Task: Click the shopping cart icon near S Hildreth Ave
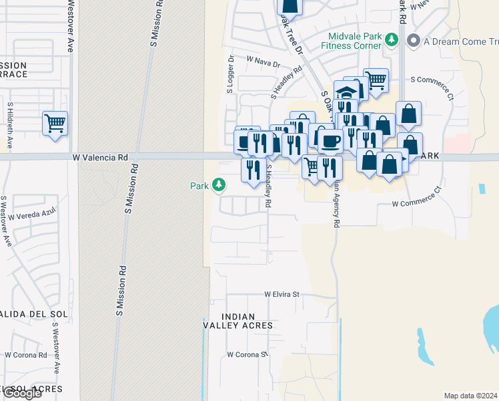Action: click(55, 123)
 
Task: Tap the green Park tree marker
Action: click(218, 185)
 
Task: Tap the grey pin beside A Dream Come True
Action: click(413, 41)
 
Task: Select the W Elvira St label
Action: click(283, 293)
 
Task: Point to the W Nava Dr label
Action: click(263, 62)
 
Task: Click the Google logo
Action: click(22, 394)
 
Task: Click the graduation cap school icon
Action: click(346, 92)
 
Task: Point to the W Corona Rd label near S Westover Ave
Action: click(25, 355)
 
